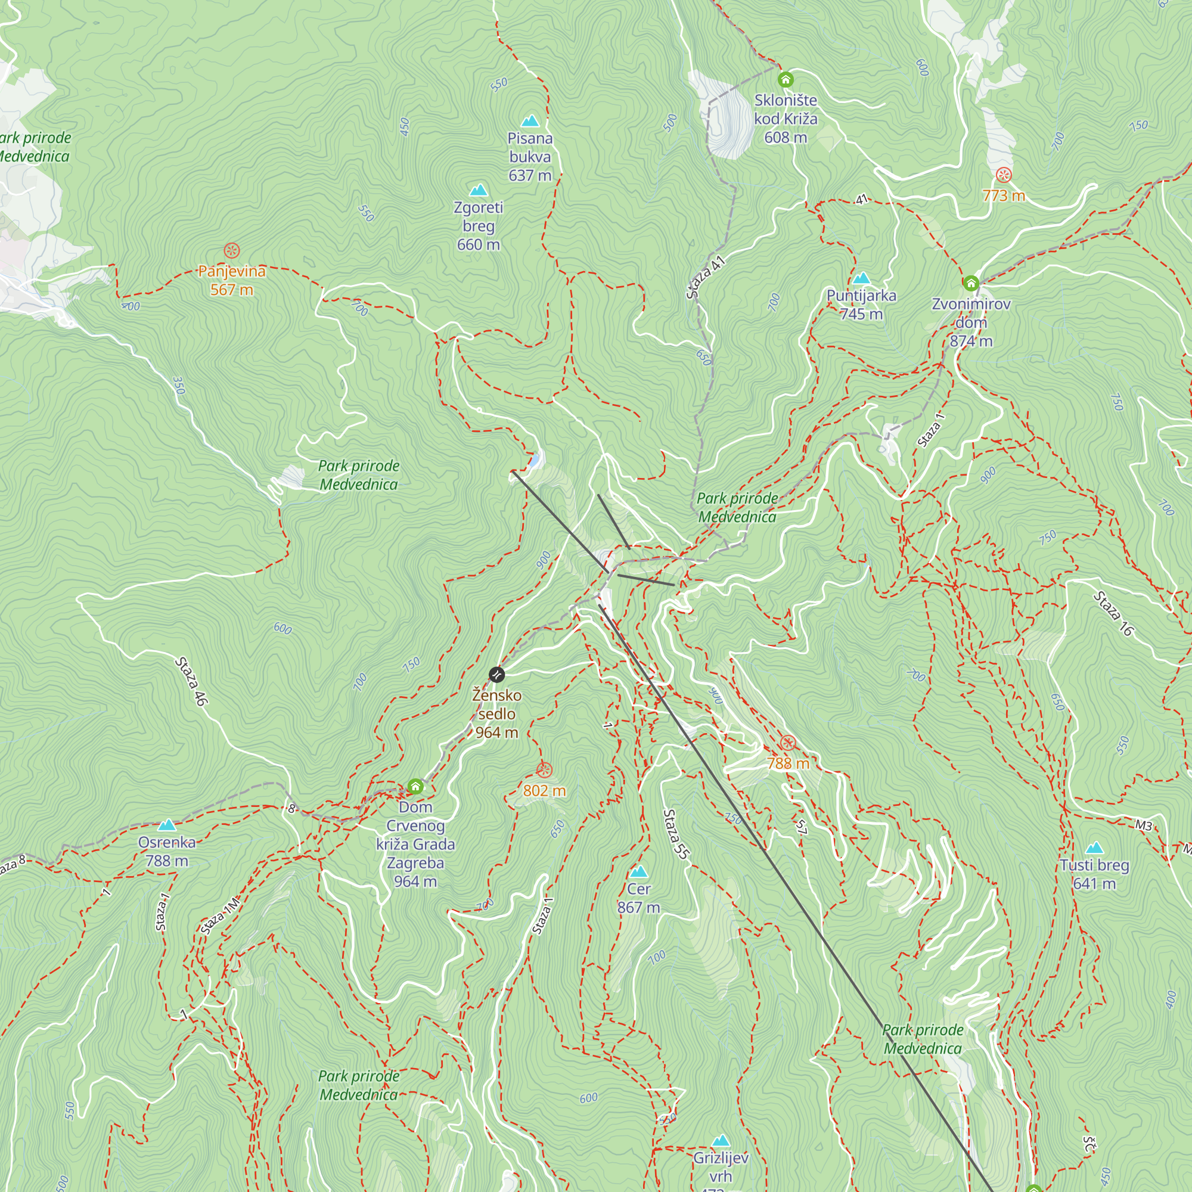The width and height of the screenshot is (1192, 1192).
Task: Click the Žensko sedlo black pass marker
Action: (x=496, y=674)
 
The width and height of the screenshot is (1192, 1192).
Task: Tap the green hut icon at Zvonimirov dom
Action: (x=970, y=283)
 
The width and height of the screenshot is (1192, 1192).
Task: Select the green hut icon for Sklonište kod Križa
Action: (x=786, y=80)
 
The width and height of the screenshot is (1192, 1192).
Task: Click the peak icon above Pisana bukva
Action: (x=530, y=121)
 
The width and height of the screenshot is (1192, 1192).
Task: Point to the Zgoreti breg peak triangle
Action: (x=478, y=190)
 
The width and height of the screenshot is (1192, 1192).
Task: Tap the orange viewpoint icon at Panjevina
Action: (x=231, y=250)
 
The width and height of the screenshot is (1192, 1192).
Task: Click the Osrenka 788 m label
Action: (x=167, y=852)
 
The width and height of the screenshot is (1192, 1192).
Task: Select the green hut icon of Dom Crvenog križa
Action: (x=415, y=787)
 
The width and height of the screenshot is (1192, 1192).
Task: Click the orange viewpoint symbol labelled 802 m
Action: (x=544, y=770)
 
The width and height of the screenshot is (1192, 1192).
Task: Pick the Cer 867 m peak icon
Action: (x=638, y=872)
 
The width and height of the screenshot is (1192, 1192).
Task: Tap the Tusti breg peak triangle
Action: (x=1094, y=848)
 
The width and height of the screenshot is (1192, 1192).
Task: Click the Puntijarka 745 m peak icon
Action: (x=861, y=278)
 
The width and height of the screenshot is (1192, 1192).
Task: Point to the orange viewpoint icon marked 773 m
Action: (x=1004, y=175)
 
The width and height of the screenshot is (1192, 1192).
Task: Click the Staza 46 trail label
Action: (x=192, y=681)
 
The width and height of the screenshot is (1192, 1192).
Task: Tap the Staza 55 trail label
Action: (x=675, y=834)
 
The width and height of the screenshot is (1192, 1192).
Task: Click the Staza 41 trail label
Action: (x=705, y=277)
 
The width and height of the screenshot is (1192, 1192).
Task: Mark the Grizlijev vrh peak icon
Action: (x=721, y=1141)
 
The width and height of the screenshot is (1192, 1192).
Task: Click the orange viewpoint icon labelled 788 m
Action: (x=788, y=743)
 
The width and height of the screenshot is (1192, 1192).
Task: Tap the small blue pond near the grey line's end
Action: (x=536, y=460)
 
